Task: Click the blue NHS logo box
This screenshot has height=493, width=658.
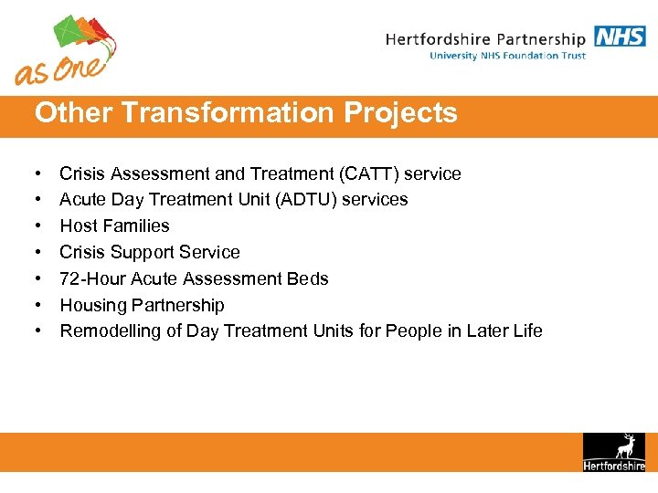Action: (620, 37)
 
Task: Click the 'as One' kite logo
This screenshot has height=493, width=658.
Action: (66, 49)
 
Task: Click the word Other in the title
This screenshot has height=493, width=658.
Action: (73, 113)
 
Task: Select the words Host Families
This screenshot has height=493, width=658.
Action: (114, 226)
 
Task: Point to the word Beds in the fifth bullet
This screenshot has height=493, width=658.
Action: (309, 278)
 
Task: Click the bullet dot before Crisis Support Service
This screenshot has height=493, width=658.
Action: (39, 253)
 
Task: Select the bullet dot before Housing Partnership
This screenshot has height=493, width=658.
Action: (39, 306)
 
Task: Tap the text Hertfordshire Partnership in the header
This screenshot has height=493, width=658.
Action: (485, 39)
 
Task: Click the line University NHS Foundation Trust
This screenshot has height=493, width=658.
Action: (507, 56)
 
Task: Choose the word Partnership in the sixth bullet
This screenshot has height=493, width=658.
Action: (178, 305)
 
